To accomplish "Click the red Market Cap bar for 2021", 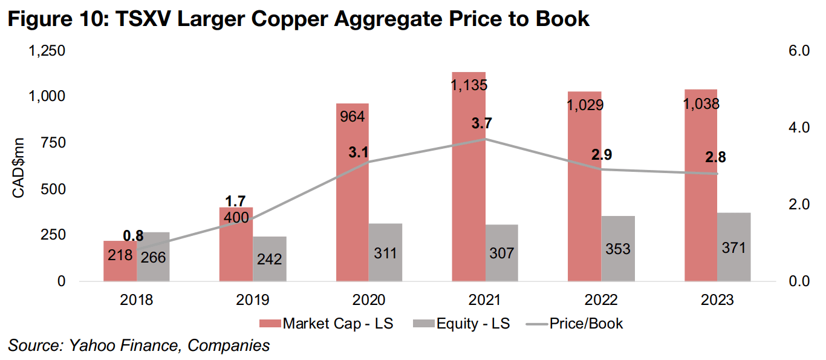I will pos(469,182).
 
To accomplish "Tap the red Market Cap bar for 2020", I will pos(353,194).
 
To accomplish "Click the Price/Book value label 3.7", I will pos(482,123).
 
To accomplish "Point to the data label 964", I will pos(353,116).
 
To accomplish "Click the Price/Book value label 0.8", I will pos(133,236).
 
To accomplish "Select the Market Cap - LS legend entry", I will pos(330,324).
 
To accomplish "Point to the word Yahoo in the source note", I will pos(87,345).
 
